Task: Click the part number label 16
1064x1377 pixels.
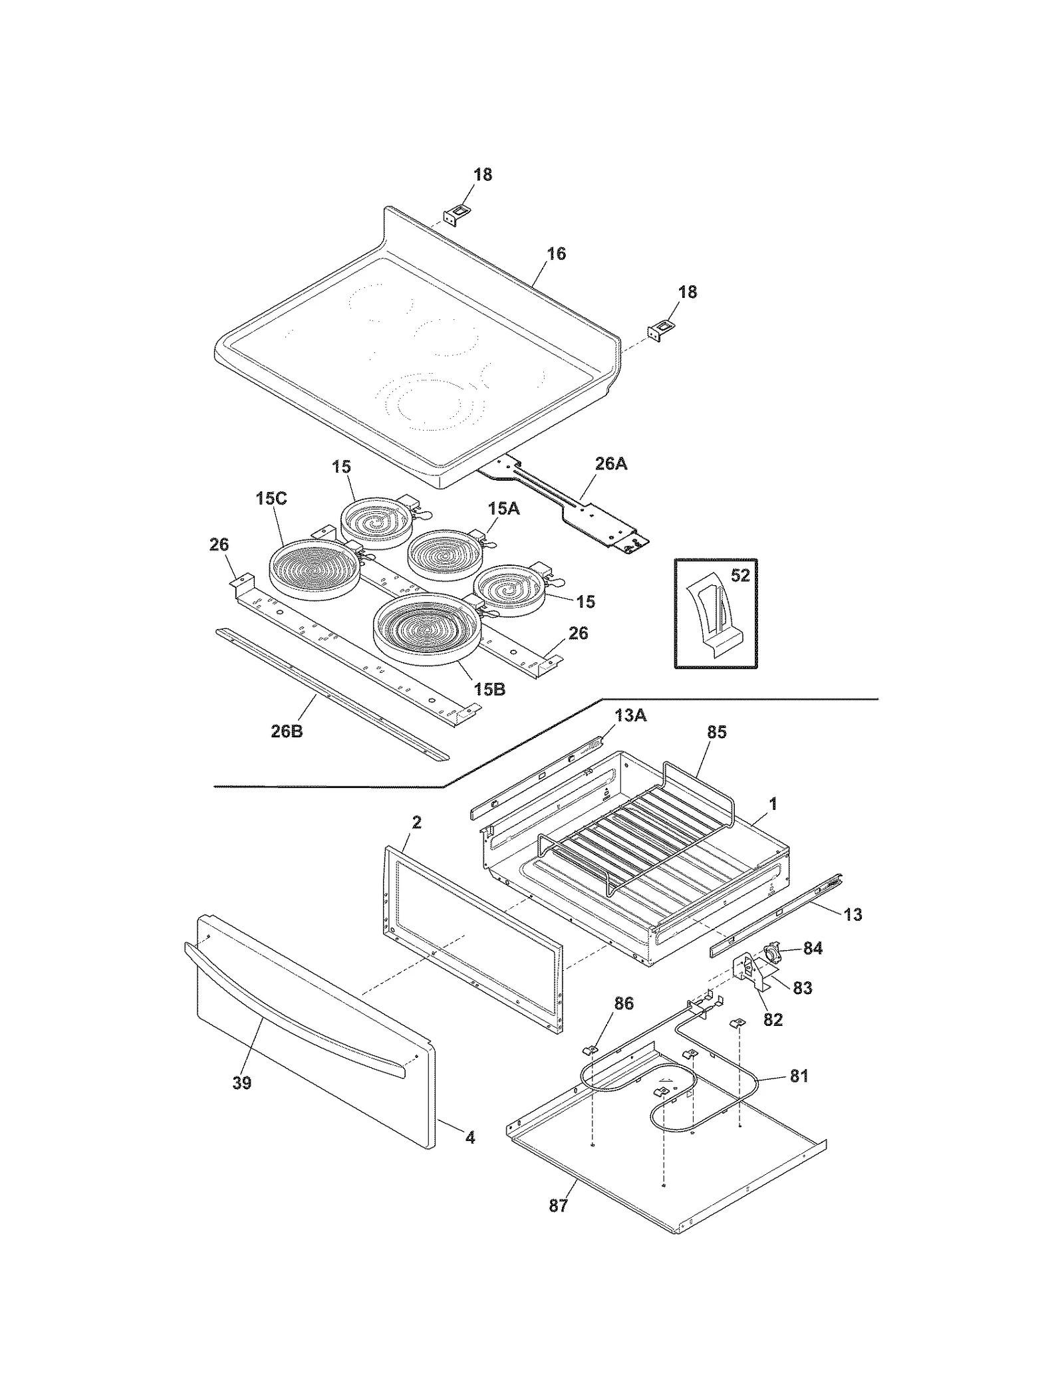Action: point(556,254)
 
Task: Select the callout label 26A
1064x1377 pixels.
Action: point(610,463)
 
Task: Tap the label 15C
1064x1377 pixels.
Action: point(271,499)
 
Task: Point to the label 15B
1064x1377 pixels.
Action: point(489,689)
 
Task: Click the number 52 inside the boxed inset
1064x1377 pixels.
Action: point(740,575)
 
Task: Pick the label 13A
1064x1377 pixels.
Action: point(630,716)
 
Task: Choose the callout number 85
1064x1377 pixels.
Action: point(716,732)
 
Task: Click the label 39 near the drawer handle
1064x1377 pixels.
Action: point(242,1083)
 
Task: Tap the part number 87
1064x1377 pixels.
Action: point(559,1205)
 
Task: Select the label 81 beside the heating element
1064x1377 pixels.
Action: point(799,1076)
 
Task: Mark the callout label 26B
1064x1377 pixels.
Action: point(287,732)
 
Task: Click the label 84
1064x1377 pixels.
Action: point(813,949)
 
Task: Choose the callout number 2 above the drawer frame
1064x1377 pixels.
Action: point(416,822)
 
